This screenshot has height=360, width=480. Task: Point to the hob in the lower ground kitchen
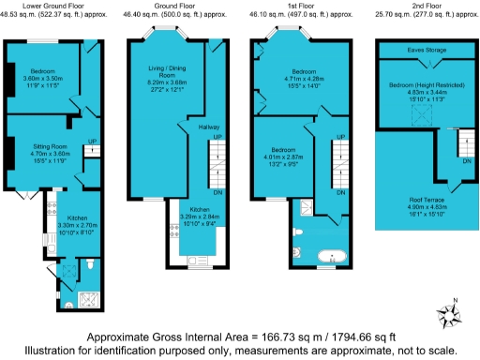[x=46, y=224]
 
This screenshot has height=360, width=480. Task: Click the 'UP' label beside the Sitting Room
[x=93, y=142]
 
